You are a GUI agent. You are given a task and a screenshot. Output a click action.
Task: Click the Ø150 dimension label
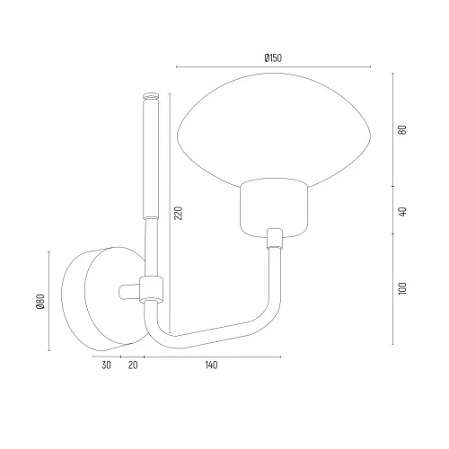click(x=273, y=57)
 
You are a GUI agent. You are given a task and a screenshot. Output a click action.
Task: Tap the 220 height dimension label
click(x=178, y=213)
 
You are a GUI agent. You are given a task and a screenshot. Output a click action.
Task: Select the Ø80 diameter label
click(x=40, y=301)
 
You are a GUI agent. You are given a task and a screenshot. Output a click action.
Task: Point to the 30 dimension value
click(x=106, y=365)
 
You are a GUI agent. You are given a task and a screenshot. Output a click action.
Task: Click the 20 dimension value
click(x=133, y=365)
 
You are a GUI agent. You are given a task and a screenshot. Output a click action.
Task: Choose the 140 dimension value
click(x=211, y=365)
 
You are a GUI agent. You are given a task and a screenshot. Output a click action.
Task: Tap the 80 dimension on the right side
click(x=402, y=129)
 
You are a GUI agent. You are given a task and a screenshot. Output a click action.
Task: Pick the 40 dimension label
click(x=402, y=211)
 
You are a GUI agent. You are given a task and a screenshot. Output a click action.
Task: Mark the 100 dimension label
click(x=402, y=288)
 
